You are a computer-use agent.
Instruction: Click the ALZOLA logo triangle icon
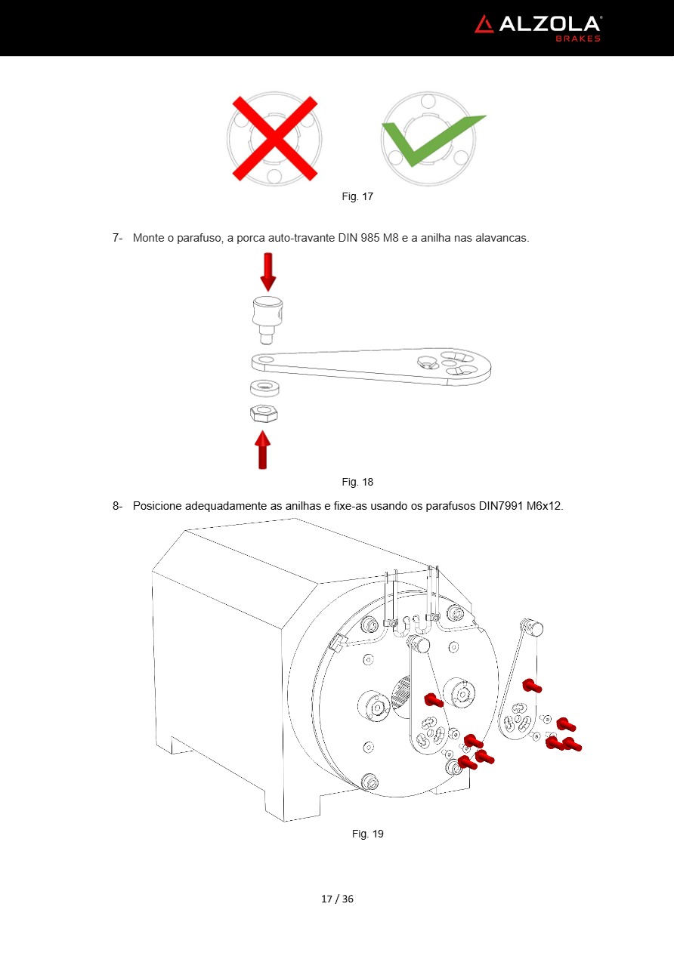tap(484, 24)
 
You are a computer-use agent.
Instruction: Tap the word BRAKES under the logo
tap(578, 39)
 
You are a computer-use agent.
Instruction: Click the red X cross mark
tap(274, 138)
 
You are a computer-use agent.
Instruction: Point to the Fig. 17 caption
tap(357, 196)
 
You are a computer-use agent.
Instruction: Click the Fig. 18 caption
tap(357, 482)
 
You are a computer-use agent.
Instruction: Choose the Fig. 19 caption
tap(368, 834)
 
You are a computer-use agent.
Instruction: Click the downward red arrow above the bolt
tap(267, 272)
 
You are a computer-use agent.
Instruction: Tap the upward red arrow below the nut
tap(261, 450)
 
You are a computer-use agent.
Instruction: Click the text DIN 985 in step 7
tap(360, 238)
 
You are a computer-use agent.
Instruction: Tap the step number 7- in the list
tap(117, 238)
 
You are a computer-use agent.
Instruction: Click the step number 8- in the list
tap(117, 505)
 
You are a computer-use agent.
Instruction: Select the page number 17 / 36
tap(337, 899)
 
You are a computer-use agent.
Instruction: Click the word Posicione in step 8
tap(158, 505)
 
